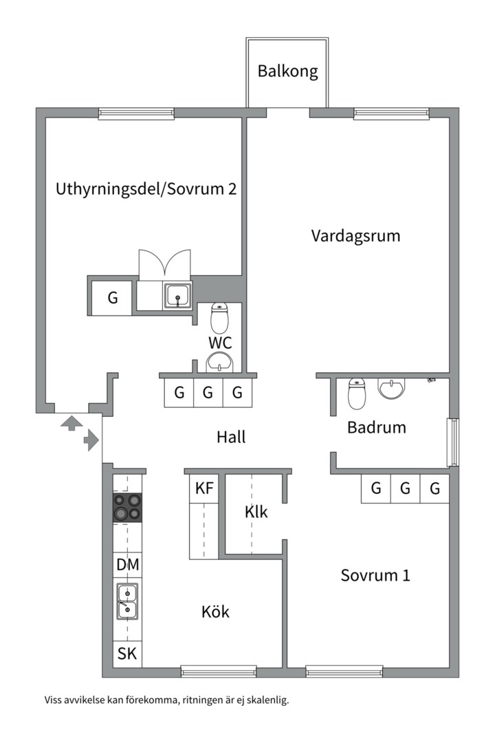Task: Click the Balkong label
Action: pyautogui.click(x=288, y=72)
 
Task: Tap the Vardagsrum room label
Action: pyautogui.click(x=355, y=236)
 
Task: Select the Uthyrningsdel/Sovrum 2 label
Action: pyautogui.click(x=146, y=189)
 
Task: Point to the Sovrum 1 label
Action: pyautogui.click(x=375, y=575)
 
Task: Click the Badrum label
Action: pyautogui.click(x=376, y=427)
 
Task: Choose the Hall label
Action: pyautogui.click(x=231, y=436)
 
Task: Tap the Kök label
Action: pyautogui.click(x=215, y=612)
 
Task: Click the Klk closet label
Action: pyautogui.click(x=256, y=512)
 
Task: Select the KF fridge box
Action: pyautogui.click(x=204, y=488)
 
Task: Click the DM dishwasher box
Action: pyautogui.click(x=127, y=565)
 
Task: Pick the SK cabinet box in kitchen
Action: pyautogui.click(x=127, y=654)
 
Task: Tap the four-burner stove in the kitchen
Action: pyautogui.click(x=127, y=508)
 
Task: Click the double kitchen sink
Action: pyautogui.click(x=127, y=601)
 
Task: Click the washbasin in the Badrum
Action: pyautogui.click(x=392, y=389)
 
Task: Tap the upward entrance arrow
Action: pyautogui.click(x=70, y=422)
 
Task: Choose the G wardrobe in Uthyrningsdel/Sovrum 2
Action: pyautogui.click(x=112, y=298)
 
